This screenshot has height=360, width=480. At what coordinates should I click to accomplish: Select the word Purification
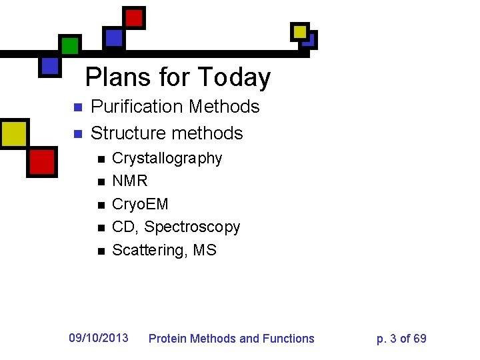[x=136, y=107]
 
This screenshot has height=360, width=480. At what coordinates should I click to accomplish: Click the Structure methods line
[x=167, y=133]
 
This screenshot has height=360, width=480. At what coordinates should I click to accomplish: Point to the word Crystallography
[x=167, y=159]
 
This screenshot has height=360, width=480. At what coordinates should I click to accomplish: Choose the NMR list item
[x=130, y=181]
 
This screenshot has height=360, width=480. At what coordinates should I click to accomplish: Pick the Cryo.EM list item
[x=140, y=204]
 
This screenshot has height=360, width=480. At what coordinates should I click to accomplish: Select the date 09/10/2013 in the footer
[x=99, y=338]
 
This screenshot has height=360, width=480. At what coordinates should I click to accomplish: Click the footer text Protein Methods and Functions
[x=231, y=339]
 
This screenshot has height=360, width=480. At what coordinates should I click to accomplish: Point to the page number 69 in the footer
[x=420, y=339]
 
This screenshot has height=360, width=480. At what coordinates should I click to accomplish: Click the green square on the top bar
[x=69, y=45]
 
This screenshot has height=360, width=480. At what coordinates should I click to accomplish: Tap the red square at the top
[x=135, y=17]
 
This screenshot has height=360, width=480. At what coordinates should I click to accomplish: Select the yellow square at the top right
[x=299, y=31]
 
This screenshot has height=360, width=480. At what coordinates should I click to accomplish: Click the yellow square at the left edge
[x=13, y=133]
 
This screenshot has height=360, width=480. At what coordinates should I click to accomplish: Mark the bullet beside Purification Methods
[x=77, y=107]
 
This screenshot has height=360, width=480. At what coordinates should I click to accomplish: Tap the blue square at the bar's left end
[x=49, y=65]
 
